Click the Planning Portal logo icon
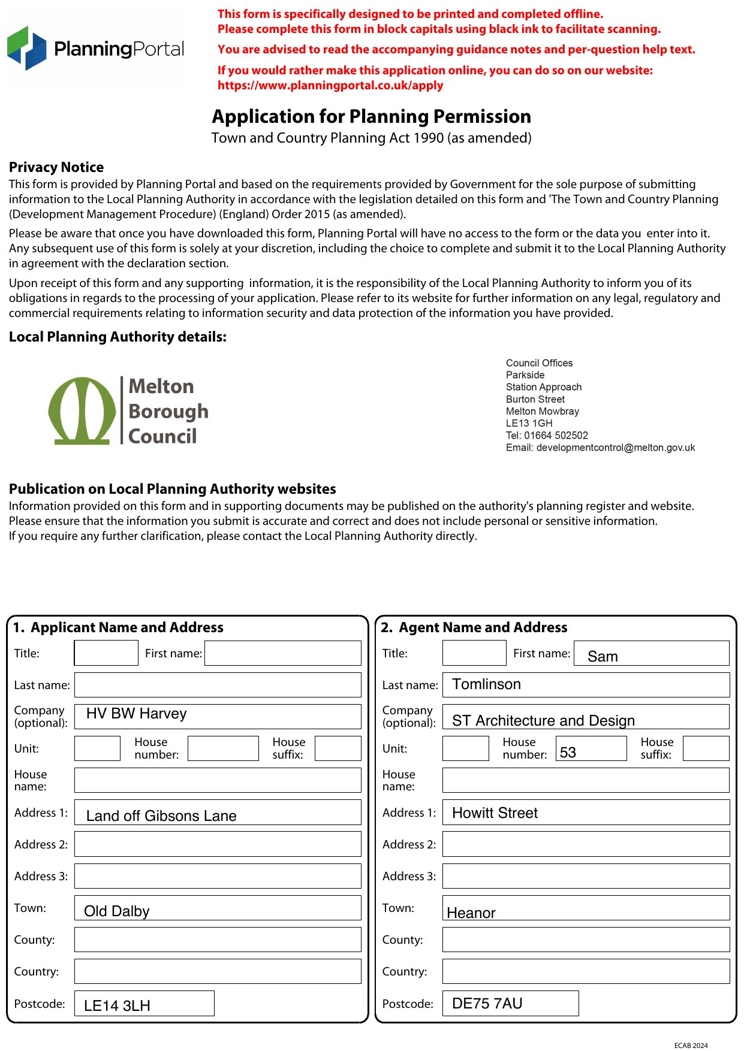pos(26,48)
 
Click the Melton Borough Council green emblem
pos(82,411)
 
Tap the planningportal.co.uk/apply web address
pos(330,85)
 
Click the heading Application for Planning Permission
pos(371,116)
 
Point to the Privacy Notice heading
pos(56,167)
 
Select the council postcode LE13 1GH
pos(529,423)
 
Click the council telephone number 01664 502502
pos(556,436)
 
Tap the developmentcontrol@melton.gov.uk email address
pos(615,448)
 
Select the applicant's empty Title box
pos(106,653)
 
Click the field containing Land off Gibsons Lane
pos(218,813)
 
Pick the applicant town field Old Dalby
pos(218,908)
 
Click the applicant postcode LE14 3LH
pos(144,1004)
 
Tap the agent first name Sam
pos(651,654)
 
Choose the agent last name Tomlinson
pos(586,685)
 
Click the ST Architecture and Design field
pos(586,717)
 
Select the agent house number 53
pos(591,749)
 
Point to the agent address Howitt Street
pos(586,813)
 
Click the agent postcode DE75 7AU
pos(510,1004)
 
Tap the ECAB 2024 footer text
pos(691,1046)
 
